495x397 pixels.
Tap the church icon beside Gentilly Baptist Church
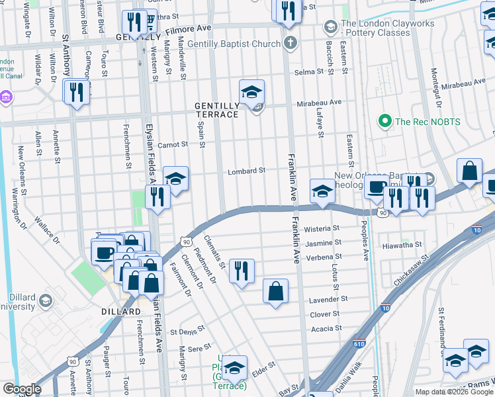tap(289, 44)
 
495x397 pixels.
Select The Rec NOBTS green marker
tap(383, 121)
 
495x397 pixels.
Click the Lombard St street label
tap(246, 171)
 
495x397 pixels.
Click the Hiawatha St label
tap(402, 245)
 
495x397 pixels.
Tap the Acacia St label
tap(325, 328)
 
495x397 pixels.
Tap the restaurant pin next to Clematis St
tap(242, 271)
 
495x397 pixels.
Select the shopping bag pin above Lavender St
tap(275, 291)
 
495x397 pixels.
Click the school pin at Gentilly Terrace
tap(251, 93)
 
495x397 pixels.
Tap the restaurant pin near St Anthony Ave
tap(76, 92)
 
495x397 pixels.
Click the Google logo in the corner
tap(21, 389)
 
